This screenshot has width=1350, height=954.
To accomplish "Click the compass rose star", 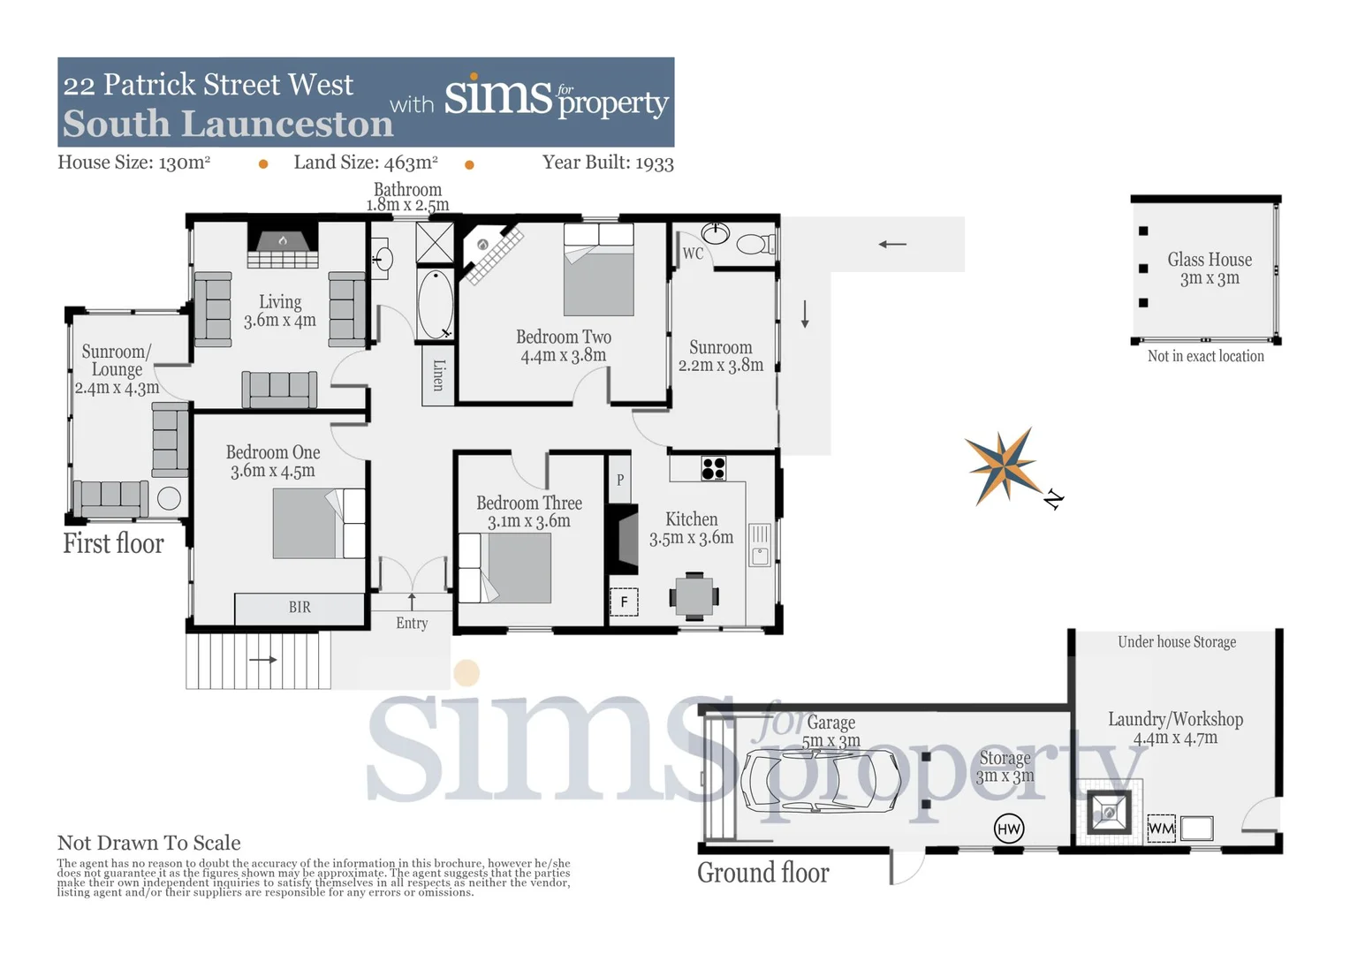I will pyautogui.click(x=1003, y=465).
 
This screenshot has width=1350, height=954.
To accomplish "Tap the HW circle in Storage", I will pyautogui.click(x=1008, y=829).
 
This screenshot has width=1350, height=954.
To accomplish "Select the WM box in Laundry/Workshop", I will pyautogui.click(x=1160, y=829).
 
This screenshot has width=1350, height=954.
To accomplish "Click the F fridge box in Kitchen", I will pyautogui.click(x=624, y=602).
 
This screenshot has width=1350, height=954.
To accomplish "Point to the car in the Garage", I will pyautogui.click(x=820, y=782).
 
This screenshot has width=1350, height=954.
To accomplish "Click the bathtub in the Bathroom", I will pyautogui.click(x=435, y=304).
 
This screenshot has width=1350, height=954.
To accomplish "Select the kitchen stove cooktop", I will pyautogui.click(x=713, y=468).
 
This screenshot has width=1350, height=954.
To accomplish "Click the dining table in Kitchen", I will pyautogui.click(x=694, y=595).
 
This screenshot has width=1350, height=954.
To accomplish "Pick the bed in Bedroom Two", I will pyautogui.click(x=598, y=270).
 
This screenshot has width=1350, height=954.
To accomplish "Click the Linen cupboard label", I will pyautogui.click(x=438, y=375).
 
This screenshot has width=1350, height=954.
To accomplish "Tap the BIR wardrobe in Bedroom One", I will pyautogui.click(x=300, y=608).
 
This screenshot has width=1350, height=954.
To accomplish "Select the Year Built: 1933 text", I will pyautogui.click(x=608, y=163).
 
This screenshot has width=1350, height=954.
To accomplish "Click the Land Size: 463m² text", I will pyautogui.click(x=366, y=163).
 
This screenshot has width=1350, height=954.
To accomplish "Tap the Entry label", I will pyautogui.click(x=412, y=623).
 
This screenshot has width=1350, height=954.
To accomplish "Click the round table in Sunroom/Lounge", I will pyautogui.click(x=169, y=498).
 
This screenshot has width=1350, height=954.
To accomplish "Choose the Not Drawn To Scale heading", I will pyautogui.click(x=148, y=843).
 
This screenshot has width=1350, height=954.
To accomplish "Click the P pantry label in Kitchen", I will pyautogui.click(x=620, y=480).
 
